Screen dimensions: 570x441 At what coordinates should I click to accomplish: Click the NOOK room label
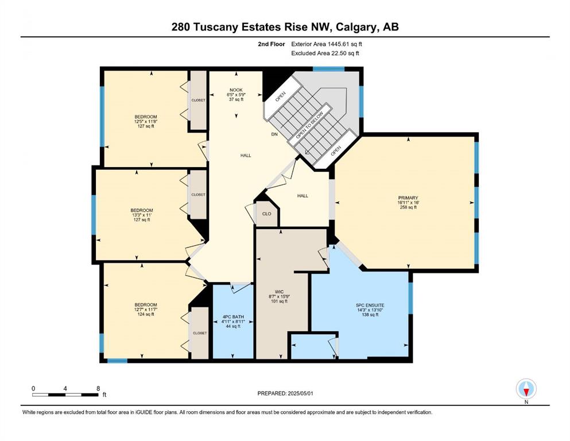click(x=236, y=90)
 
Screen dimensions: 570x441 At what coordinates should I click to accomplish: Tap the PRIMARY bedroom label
click(x=408, y=198)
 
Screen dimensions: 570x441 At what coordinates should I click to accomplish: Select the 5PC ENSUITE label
click(x=370, y=305)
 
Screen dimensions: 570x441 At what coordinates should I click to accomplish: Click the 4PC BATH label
click(x=233, y=316)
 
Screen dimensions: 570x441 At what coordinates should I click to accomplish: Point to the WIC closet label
click(x=279, y=292)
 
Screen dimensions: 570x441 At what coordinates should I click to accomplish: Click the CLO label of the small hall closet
click(x=267, y=214)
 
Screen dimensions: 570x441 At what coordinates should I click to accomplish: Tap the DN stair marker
click(x=274, y=134)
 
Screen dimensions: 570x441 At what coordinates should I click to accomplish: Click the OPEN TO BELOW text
click(x=309, y=125)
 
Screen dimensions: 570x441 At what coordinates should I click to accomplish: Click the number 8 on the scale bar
click(x=98, y=388)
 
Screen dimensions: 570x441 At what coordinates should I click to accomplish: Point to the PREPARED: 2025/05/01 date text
click(x=285, y=393)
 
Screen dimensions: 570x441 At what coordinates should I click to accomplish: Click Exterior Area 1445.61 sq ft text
click(x=327, y=44)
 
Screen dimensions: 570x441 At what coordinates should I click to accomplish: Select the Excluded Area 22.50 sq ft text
click(x=325, y=53)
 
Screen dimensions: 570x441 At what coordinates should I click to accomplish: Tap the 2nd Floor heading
click(x=271, y=44)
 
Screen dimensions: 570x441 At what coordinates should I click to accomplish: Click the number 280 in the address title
click(x=181, y=27)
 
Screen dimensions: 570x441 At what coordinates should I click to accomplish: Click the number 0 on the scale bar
click(x=33, y=388)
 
